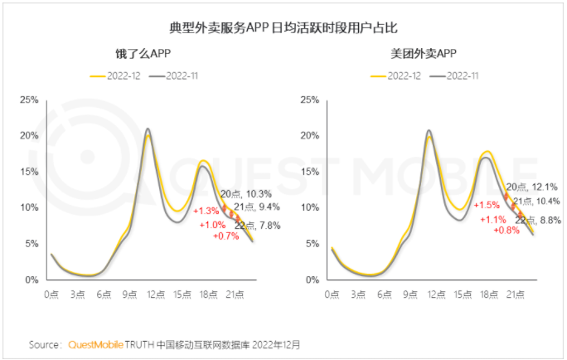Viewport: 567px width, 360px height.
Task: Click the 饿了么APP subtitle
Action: pyautogui.click(x=143, y=55)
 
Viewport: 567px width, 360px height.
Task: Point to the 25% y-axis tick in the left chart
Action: pyautogui.click(x=27, y=100)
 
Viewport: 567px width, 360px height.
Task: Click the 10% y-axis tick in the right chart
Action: pyautogui.click(x=308, y=208)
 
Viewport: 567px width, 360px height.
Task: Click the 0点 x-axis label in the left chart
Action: pyautogui.click(x=51, y=294)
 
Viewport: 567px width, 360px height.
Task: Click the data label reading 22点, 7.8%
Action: pyautogui.click(x=258, y=225)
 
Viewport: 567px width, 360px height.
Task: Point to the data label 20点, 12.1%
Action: pyautogui.click(x=531, y=187)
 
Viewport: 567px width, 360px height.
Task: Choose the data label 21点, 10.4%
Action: pyautogui.click(x=536, y=202)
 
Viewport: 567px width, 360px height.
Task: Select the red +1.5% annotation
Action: pyautogui.click(x=487, y=205)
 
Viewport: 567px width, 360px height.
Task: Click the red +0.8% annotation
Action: pyautogui.click(x=504, y=231)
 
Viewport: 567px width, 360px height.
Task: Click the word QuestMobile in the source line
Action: pyautogui.click(x=91, y=344)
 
